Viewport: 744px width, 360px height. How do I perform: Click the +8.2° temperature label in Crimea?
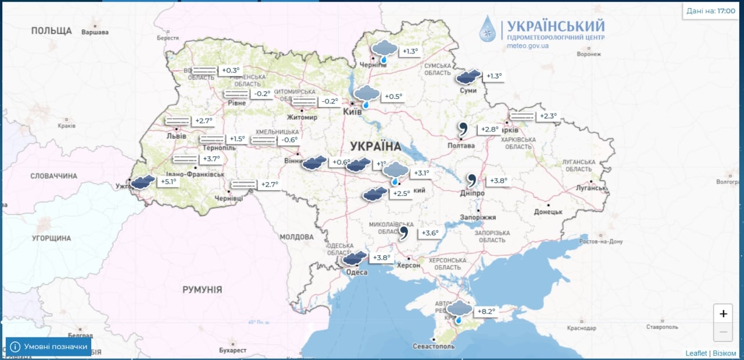(x=487, y=312)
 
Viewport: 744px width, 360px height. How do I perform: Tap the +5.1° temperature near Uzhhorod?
(x=168, y=181)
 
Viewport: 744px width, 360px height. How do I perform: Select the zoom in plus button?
(x=723, y=314)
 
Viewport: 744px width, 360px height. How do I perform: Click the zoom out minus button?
(x=723, y=332)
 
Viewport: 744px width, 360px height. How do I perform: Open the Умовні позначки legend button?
(x=48, y=347)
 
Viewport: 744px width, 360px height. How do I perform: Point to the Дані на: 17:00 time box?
(x=710, y=10)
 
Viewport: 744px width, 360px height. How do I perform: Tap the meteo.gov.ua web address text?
(x=528, y=45)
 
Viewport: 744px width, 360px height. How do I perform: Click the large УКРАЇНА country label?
(x=375, y=146)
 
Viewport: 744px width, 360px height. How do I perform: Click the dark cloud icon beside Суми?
(x=468, y=77)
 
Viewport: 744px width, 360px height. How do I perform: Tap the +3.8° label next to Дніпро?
(x=499, y=181)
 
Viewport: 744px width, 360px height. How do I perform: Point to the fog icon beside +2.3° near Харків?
(x=521, y=116)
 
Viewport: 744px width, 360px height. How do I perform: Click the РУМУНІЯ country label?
(x=202, y=289)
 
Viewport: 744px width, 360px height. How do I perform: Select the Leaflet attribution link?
(x=696, y=353)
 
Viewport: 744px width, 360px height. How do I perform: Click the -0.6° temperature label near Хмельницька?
(x=289, y=140)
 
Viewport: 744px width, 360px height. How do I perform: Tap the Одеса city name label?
(x=356, y=272)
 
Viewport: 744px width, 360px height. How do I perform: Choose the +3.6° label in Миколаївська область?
(x=429, y=233)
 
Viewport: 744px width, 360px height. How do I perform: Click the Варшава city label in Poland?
(x=95, y=32)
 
